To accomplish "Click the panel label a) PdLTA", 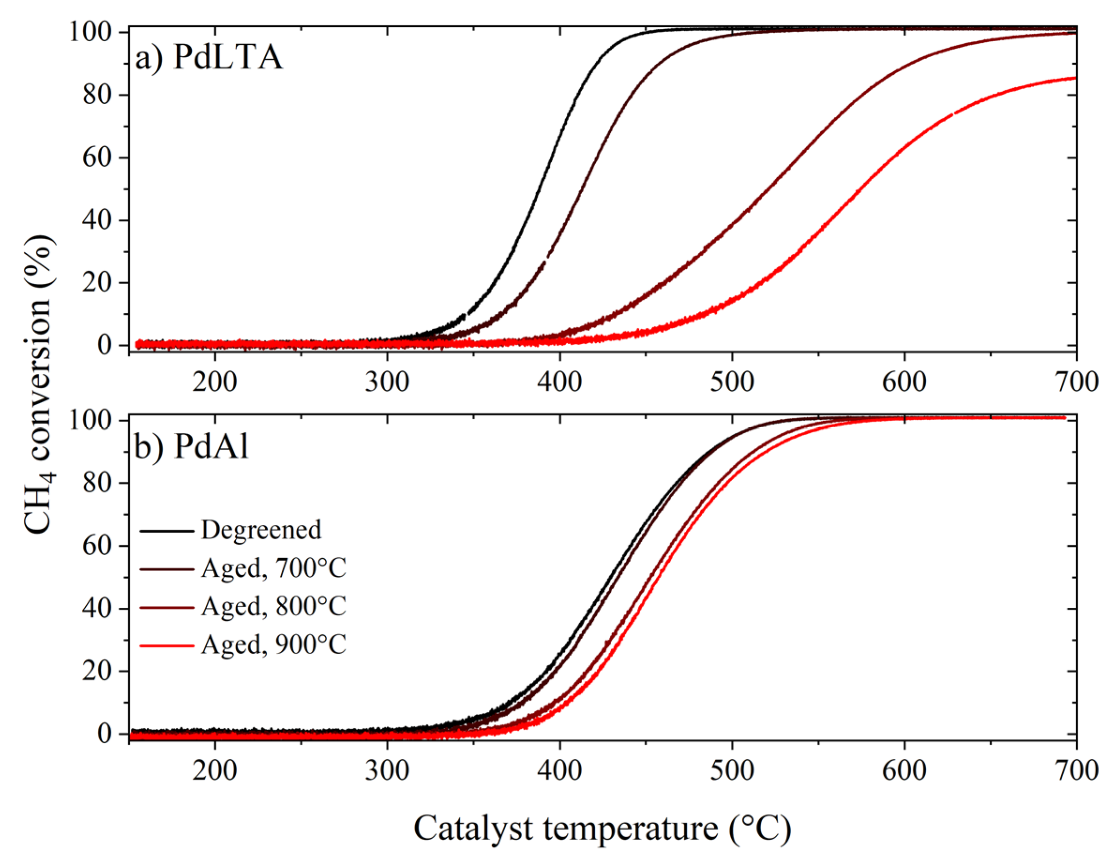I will (x=209, y=57).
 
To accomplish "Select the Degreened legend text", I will (x=261, y=530).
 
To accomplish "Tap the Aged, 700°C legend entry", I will (x=274, y=568).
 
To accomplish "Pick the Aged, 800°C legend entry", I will (x=274, y=606).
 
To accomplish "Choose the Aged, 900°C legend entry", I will (x=274, y=645).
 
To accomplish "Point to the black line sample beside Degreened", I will (x=167, y=530).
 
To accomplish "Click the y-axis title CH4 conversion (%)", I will (x=38, y=384).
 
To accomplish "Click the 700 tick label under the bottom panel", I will (x=1076, y=770).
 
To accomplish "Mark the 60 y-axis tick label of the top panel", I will (x=97, y=158).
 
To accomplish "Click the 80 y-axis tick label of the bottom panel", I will (x=97, y=483).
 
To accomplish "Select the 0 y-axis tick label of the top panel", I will (x=105, y=346).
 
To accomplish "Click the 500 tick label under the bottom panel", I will (x=732, y=770).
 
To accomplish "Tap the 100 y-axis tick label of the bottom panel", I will (x=90, y=421).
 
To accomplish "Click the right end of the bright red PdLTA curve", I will (x=1074, y=78).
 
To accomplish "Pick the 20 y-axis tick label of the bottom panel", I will (x=97, y=671).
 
